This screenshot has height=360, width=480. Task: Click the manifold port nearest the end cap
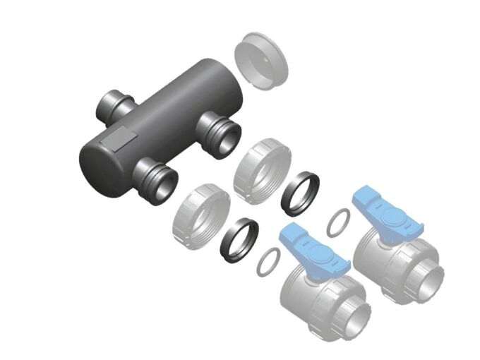point(220,133)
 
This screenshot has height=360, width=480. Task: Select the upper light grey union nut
point(261,167)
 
